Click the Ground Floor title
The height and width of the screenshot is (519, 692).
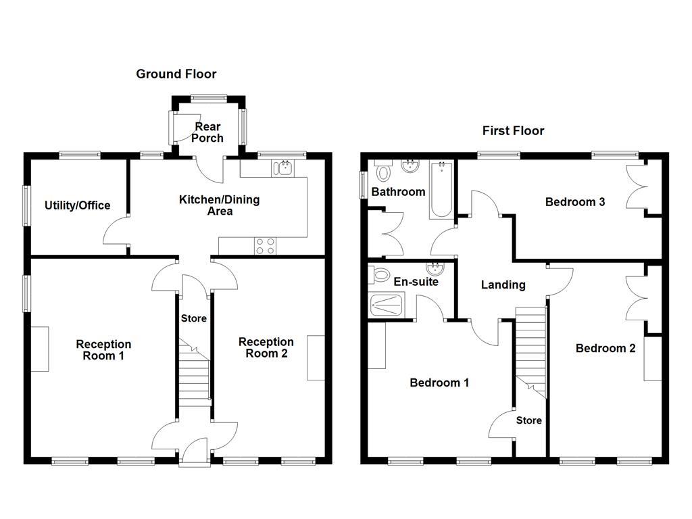(176, 74)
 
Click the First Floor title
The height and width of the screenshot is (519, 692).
(513, 130)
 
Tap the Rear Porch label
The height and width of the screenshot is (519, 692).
(207, 132)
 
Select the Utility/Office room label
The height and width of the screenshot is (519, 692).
(78, 205)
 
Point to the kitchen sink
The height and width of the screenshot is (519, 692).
(283, 167)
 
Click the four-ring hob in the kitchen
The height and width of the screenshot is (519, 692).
(264, 247)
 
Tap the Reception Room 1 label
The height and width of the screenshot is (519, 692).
(103, 350)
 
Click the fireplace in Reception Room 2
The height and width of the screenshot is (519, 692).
(315, 357)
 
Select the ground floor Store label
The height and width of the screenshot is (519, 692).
(194, 318)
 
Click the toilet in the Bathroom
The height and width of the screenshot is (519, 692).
(383, 172)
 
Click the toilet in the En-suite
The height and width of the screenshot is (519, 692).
(379, 275)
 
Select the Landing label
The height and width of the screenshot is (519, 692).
(503, 285)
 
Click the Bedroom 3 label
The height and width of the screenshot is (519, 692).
(575, 201)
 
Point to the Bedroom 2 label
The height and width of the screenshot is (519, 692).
(605, 348)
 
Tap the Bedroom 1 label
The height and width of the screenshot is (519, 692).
(439, 382)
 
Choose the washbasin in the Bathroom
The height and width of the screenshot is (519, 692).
(410, 166)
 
